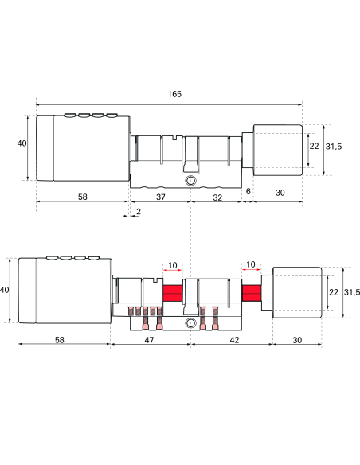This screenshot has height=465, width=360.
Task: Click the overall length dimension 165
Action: click(174, 94)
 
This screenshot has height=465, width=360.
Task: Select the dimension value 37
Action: click(160, 195)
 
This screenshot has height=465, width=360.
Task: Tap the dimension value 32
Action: click(217, 195)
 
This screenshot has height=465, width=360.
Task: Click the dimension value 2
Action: click(139, 211)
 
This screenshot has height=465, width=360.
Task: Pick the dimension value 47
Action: click(151, 338)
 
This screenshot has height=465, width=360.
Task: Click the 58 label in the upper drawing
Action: click(84, 195)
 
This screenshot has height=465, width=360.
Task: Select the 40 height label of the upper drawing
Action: click(22, 143)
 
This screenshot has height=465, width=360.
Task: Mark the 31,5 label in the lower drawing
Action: click(353, 292)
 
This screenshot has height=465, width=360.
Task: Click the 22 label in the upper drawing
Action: click(314, 146)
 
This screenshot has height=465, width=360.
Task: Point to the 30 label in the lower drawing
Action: click(296, 338)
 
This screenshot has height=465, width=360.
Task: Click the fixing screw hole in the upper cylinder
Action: click(190, 182)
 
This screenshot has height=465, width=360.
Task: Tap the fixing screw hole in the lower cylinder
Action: click(190, 324)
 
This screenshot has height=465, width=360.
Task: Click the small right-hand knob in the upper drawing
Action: click(277, 149)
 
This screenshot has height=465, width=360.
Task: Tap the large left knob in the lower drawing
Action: click(64, 291)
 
